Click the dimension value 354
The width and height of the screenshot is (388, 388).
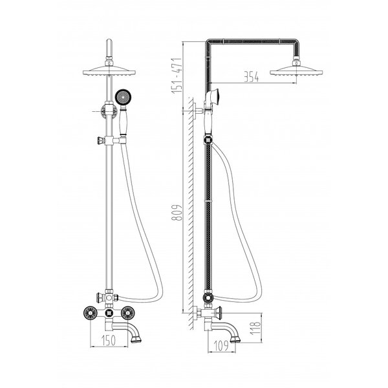[x=251, y=77]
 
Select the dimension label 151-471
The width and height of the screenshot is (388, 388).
[x=177, y=76]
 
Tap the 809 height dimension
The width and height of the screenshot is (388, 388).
[x=177, y=212]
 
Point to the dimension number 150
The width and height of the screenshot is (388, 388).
[x=109, y=340]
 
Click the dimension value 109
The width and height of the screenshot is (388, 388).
[x=221, y=345]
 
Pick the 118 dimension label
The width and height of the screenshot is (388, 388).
[x=255, y=328]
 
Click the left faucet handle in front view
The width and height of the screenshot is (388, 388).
[x=91, y=313]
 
